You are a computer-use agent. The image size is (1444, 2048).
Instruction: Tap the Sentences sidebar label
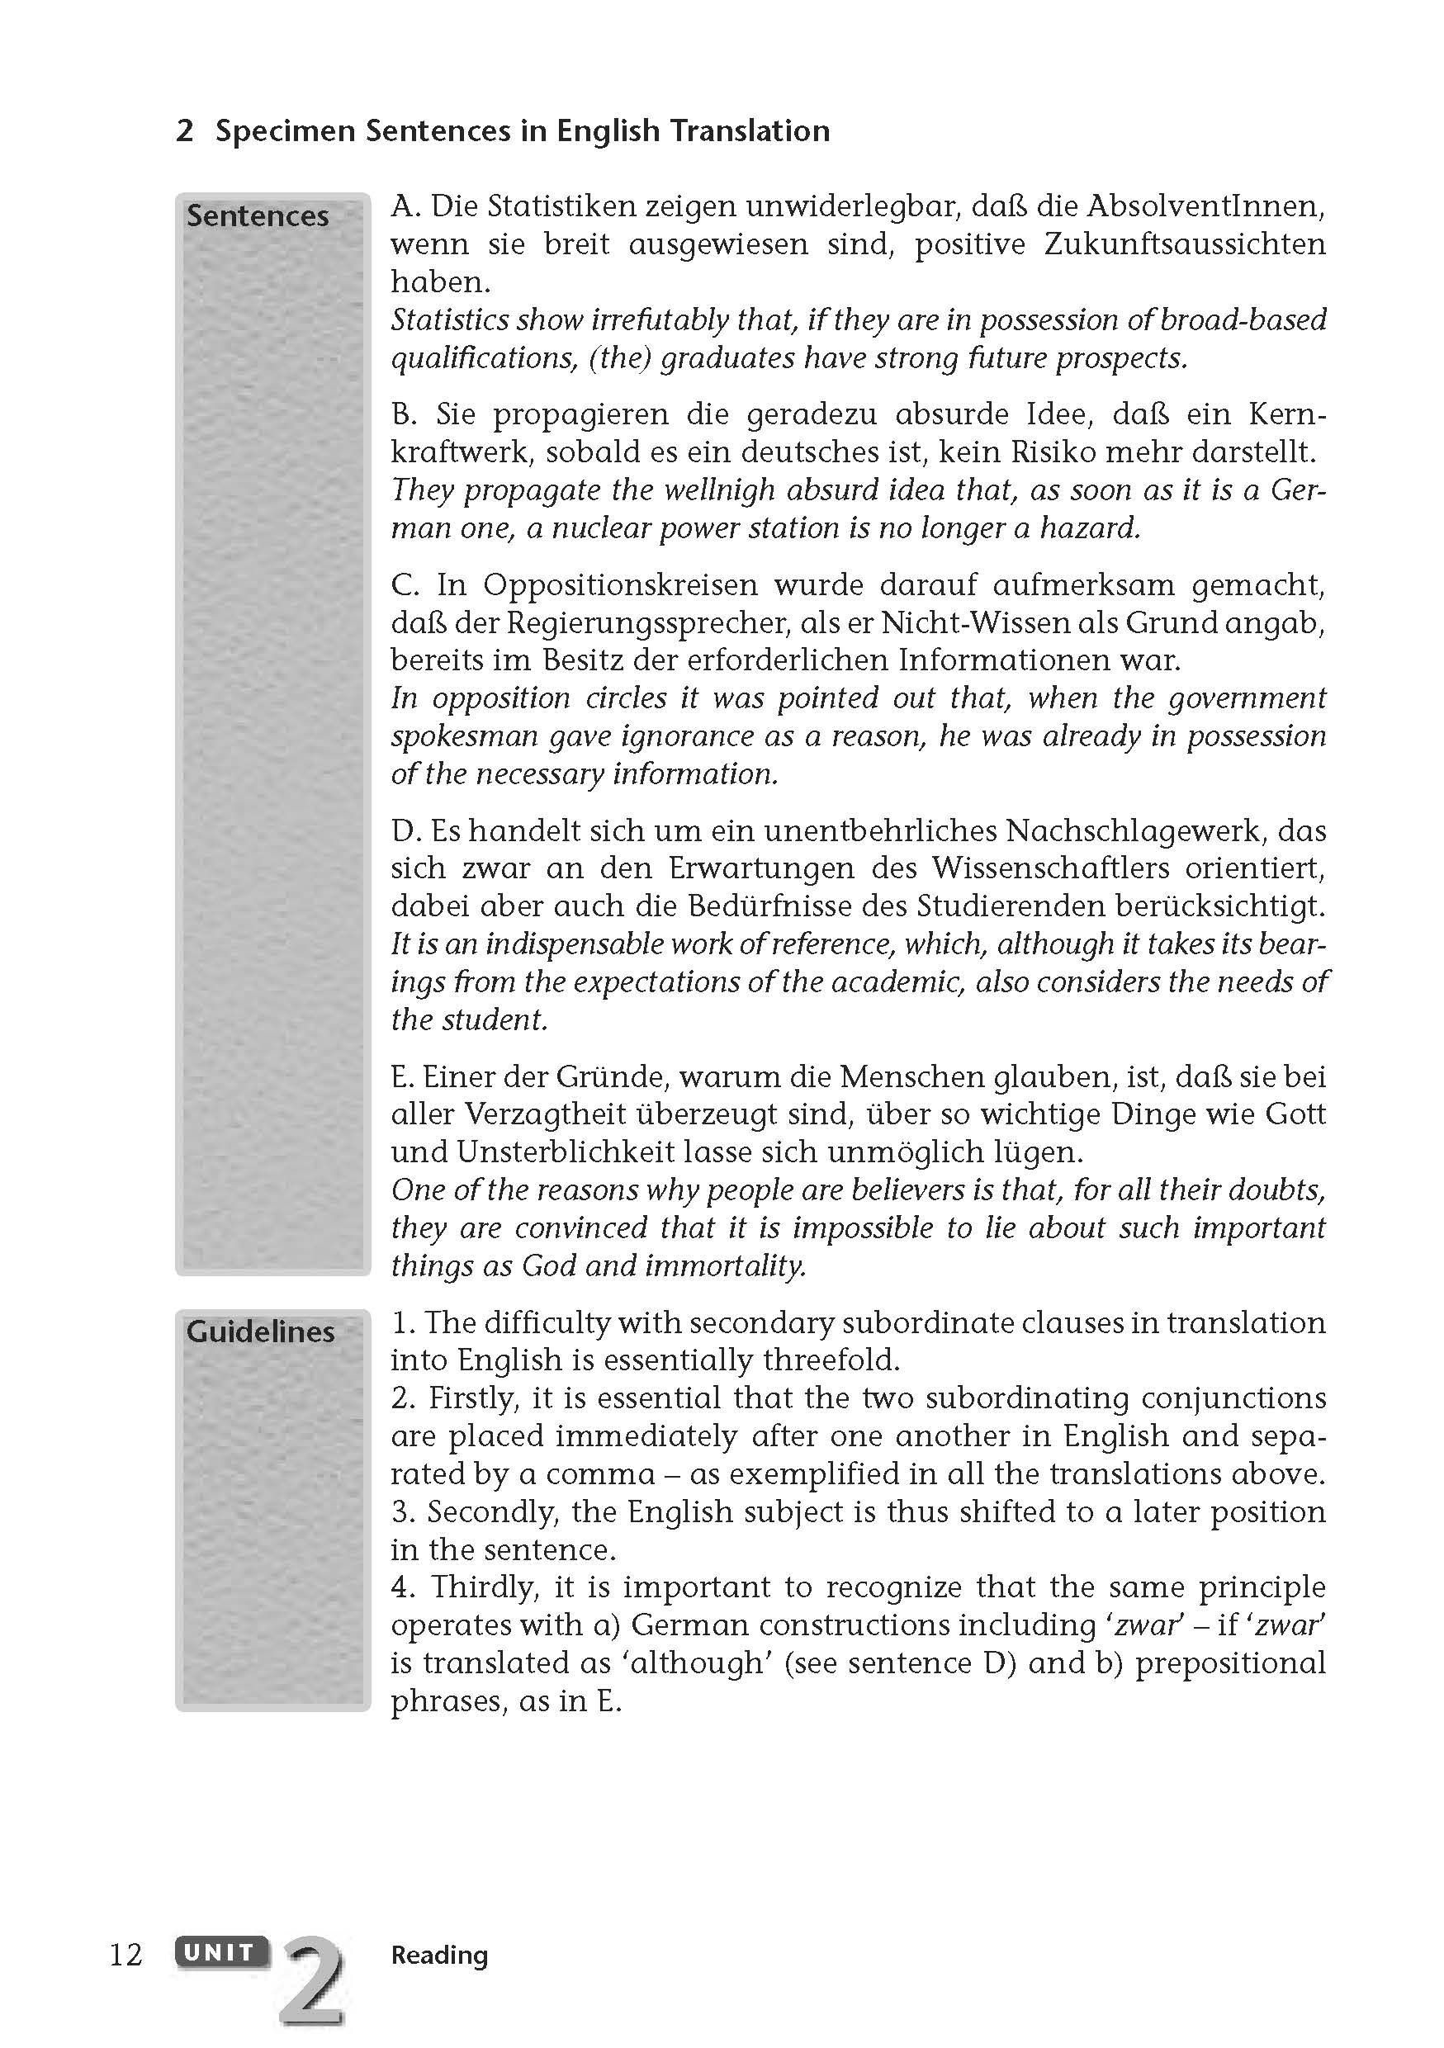tap(258, 215)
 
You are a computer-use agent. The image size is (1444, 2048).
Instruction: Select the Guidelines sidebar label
tap(260, 1331)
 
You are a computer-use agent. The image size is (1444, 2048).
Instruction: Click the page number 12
tap(125, 1955)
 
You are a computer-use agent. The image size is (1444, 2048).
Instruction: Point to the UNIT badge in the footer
tap(220, 1952)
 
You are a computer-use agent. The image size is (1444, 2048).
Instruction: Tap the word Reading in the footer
tap(439, 1955)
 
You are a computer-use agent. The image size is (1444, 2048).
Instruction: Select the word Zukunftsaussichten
tap(1185, 244)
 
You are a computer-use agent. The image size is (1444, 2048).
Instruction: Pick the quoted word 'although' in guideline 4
tap(703, 1663)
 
